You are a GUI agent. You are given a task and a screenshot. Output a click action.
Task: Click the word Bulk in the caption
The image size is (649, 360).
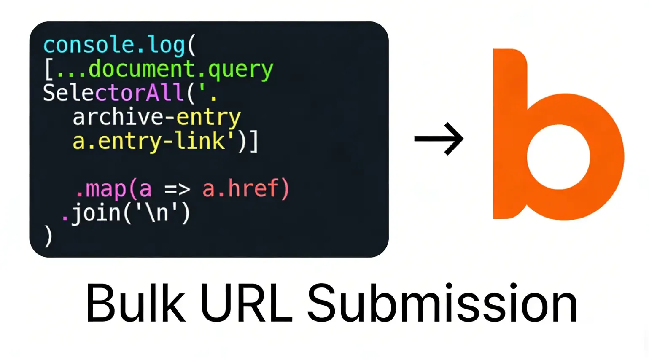[x=135, y=303]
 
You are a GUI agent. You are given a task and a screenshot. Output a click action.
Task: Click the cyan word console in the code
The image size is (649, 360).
[x=88, y=45]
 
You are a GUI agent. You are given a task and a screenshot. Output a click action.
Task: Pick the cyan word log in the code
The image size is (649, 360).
[x=167, y=46]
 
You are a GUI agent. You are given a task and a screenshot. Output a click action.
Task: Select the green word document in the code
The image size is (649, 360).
[x=142, y=68]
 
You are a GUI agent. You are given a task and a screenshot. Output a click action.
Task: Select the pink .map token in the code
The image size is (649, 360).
[x=100, y=189]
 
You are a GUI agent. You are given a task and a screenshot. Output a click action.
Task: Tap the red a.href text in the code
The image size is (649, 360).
[x=245, y=188]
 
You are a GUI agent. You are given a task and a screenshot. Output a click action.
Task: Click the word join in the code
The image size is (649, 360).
[x=96, y=213]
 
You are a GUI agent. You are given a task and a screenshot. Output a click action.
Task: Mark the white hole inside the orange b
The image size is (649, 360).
[x=558, y=157]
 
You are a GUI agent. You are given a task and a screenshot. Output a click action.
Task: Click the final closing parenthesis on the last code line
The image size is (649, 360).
[x=48, y=236]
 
